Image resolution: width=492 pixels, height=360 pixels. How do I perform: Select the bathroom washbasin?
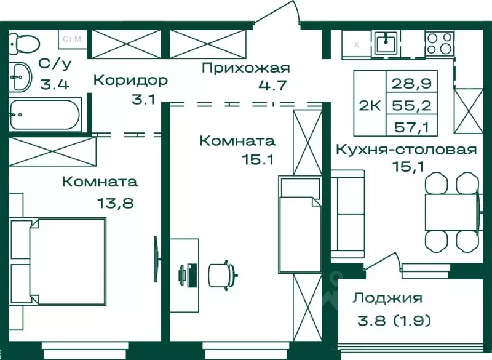(21, 77)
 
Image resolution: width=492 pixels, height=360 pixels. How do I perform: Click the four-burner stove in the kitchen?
(438, 42)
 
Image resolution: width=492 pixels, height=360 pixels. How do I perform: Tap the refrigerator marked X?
(356, 44)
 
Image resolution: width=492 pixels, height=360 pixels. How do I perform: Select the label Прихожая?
(245, 68)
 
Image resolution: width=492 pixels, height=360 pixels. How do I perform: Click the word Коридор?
(130, 80)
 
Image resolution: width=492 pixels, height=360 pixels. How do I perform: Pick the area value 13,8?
(115, 202)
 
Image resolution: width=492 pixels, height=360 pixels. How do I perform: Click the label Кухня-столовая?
(405, 150)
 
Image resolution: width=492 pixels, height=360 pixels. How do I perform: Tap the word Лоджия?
(387, 298)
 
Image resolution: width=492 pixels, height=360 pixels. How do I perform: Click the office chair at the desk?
(222, 273)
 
